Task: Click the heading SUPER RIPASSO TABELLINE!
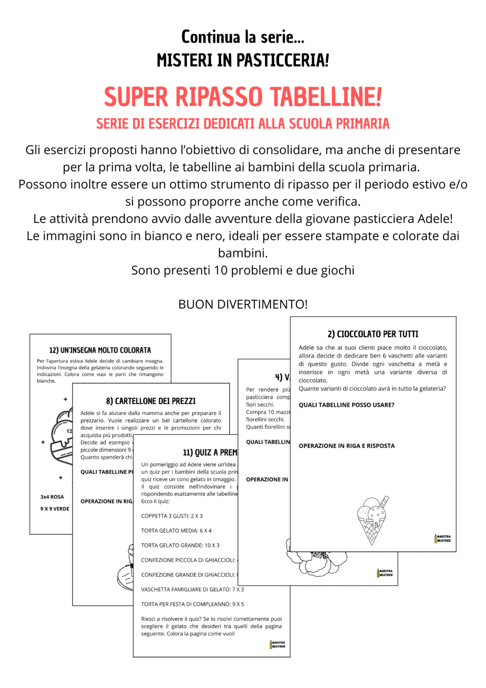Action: pos(243,97)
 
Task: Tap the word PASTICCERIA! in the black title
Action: pos(282,60)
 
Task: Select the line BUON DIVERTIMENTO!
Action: pos(243,304)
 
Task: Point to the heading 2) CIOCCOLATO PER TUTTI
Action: pos(373,334)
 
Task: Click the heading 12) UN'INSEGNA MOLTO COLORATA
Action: pos(100,350)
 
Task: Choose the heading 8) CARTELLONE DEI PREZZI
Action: pos(151,401)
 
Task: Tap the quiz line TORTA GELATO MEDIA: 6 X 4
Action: pos(176,530)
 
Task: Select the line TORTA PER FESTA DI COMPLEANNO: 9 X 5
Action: pos(192,604)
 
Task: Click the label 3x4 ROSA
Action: pos(52,497)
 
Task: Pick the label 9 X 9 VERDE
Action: pos(55,509)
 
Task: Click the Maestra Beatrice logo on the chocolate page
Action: pos(442,539)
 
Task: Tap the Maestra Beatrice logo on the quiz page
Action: pos(277,644)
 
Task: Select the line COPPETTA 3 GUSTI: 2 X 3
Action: pos(172,516)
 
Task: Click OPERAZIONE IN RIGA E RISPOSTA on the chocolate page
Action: pos(346,446)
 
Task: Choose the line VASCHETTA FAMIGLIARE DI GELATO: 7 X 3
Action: pos(192,589)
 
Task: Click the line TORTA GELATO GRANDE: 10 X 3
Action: pos(180,545)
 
